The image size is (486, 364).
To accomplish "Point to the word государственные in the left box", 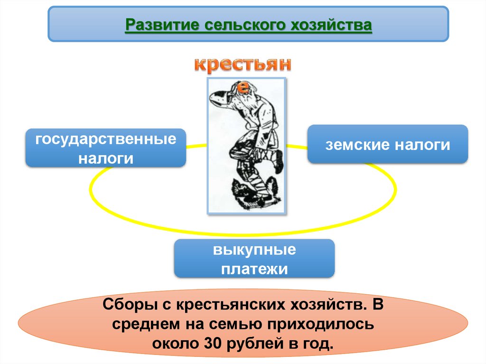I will (x=105, y=140).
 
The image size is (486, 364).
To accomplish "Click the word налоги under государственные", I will (x=105, y=158).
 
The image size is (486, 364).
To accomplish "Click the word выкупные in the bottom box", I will (x=254, y=250).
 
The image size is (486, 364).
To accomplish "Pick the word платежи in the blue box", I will (x=254, y=269).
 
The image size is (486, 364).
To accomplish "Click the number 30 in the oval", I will (x=212, y=343).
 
